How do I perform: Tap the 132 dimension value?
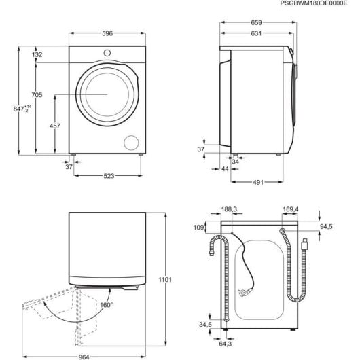37,54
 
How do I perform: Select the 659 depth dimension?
256,22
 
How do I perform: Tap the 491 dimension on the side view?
256,182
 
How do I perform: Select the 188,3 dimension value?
229,210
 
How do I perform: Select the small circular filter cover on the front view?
129,141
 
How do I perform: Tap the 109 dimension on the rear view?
199,228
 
